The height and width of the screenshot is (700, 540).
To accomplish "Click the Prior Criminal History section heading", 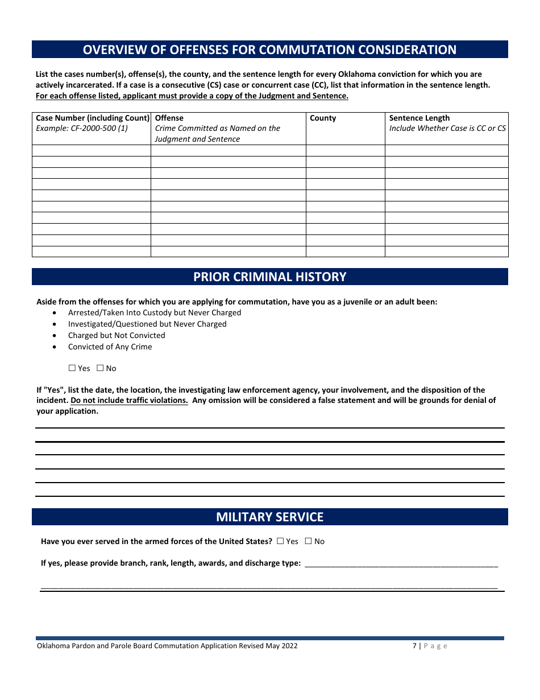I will [x=269, y=277].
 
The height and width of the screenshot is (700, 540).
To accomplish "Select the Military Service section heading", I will [x=269, y=517].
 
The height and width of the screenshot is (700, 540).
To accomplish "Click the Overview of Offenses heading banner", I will [x=269, y=50].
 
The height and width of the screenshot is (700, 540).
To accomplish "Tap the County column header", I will [x=323, y=118].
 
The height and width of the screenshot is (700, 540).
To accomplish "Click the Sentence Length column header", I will [x=419, y=118].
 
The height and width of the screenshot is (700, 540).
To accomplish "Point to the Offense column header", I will [x=169, y=118].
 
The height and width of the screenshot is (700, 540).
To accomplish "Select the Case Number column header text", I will [x=92, y=118].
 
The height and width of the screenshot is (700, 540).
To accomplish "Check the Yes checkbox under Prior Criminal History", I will [x=72, y=368].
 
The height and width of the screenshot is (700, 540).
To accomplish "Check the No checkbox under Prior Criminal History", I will [x=100, y=368].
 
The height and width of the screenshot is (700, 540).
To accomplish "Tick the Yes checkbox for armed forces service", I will [x=280, y=541].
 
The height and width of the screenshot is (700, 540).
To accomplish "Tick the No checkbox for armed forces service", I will [x=309, y=541].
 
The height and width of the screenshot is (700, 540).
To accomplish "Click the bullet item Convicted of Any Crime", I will [x=110, y=347].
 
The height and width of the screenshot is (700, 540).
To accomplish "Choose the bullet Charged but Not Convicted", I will [x=117, y=335].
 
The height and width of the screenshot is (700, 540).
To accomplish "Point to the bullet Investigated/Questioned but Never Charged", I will [x=147, y=324].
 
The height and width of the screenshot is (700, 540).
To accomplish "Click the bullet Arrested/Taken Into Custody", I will [x=155, y=312].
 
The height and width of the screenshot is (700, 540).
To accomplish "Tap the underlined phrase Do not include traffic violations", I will [x=130, y=400].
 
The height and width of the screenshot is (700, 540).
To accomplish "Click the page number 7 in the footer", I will [x=414, y=646].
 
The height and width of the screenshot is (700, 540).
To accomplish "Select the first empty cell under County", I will [x=346, y=150].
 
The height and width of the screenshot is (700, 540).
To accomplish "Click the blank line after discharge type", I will [x=401, y=563].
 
